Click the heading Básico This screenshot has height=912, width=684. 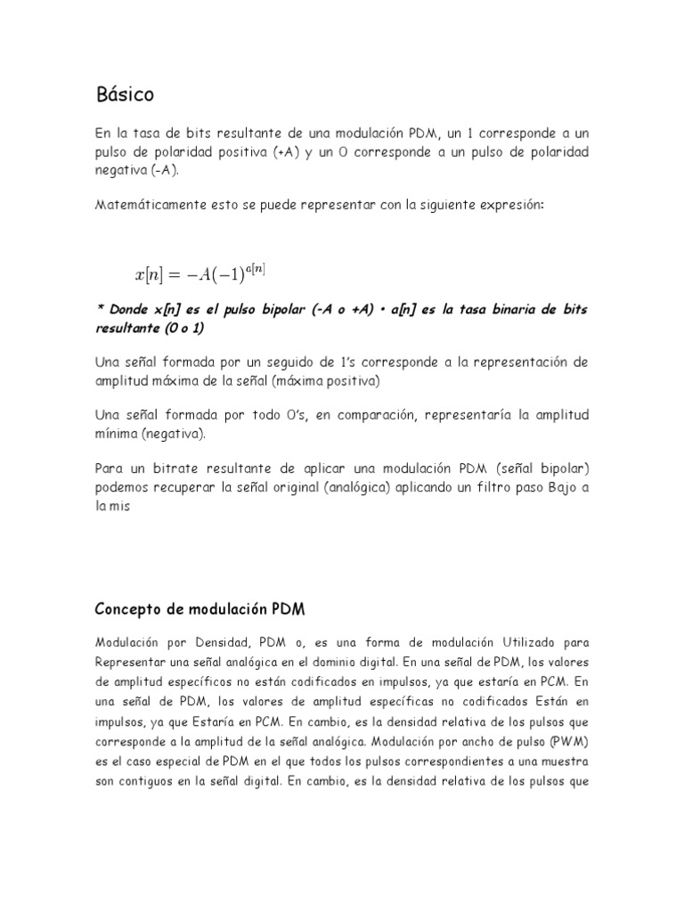click(125, 94)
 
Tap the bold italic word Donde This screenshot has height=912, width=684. click(131, 308)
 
